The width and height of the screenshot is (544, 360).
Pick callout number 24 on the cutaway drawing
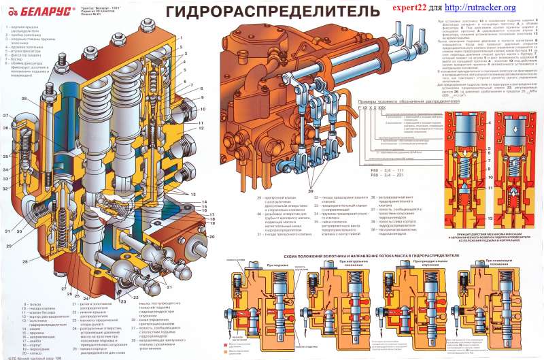pos(86,297)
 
